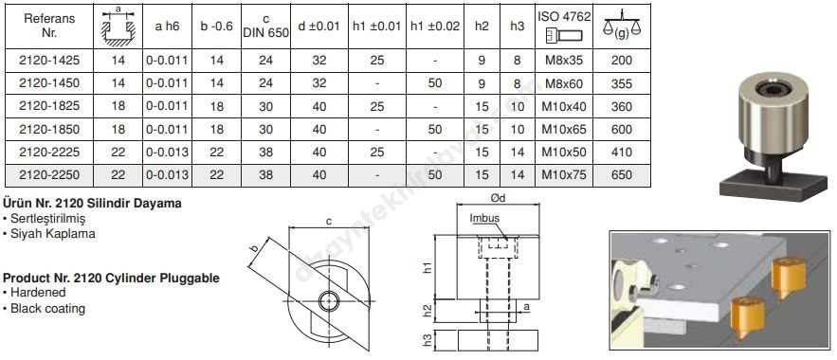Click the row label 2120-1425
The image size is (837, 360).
point(49,61)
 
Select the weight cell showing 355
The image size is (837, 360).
point(622,83)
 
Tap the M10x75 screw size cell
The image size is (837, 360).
point(564,175)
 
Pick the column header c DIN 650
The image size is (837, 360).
point(265,27)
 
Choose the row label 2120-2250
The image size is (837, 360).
point(49,175)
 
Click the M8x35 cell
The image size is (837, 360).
point(564,61)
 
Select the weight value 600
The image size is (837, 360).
point(622,129)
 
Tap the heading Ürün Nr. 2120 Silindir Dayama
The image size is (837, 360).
point(92,203)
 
